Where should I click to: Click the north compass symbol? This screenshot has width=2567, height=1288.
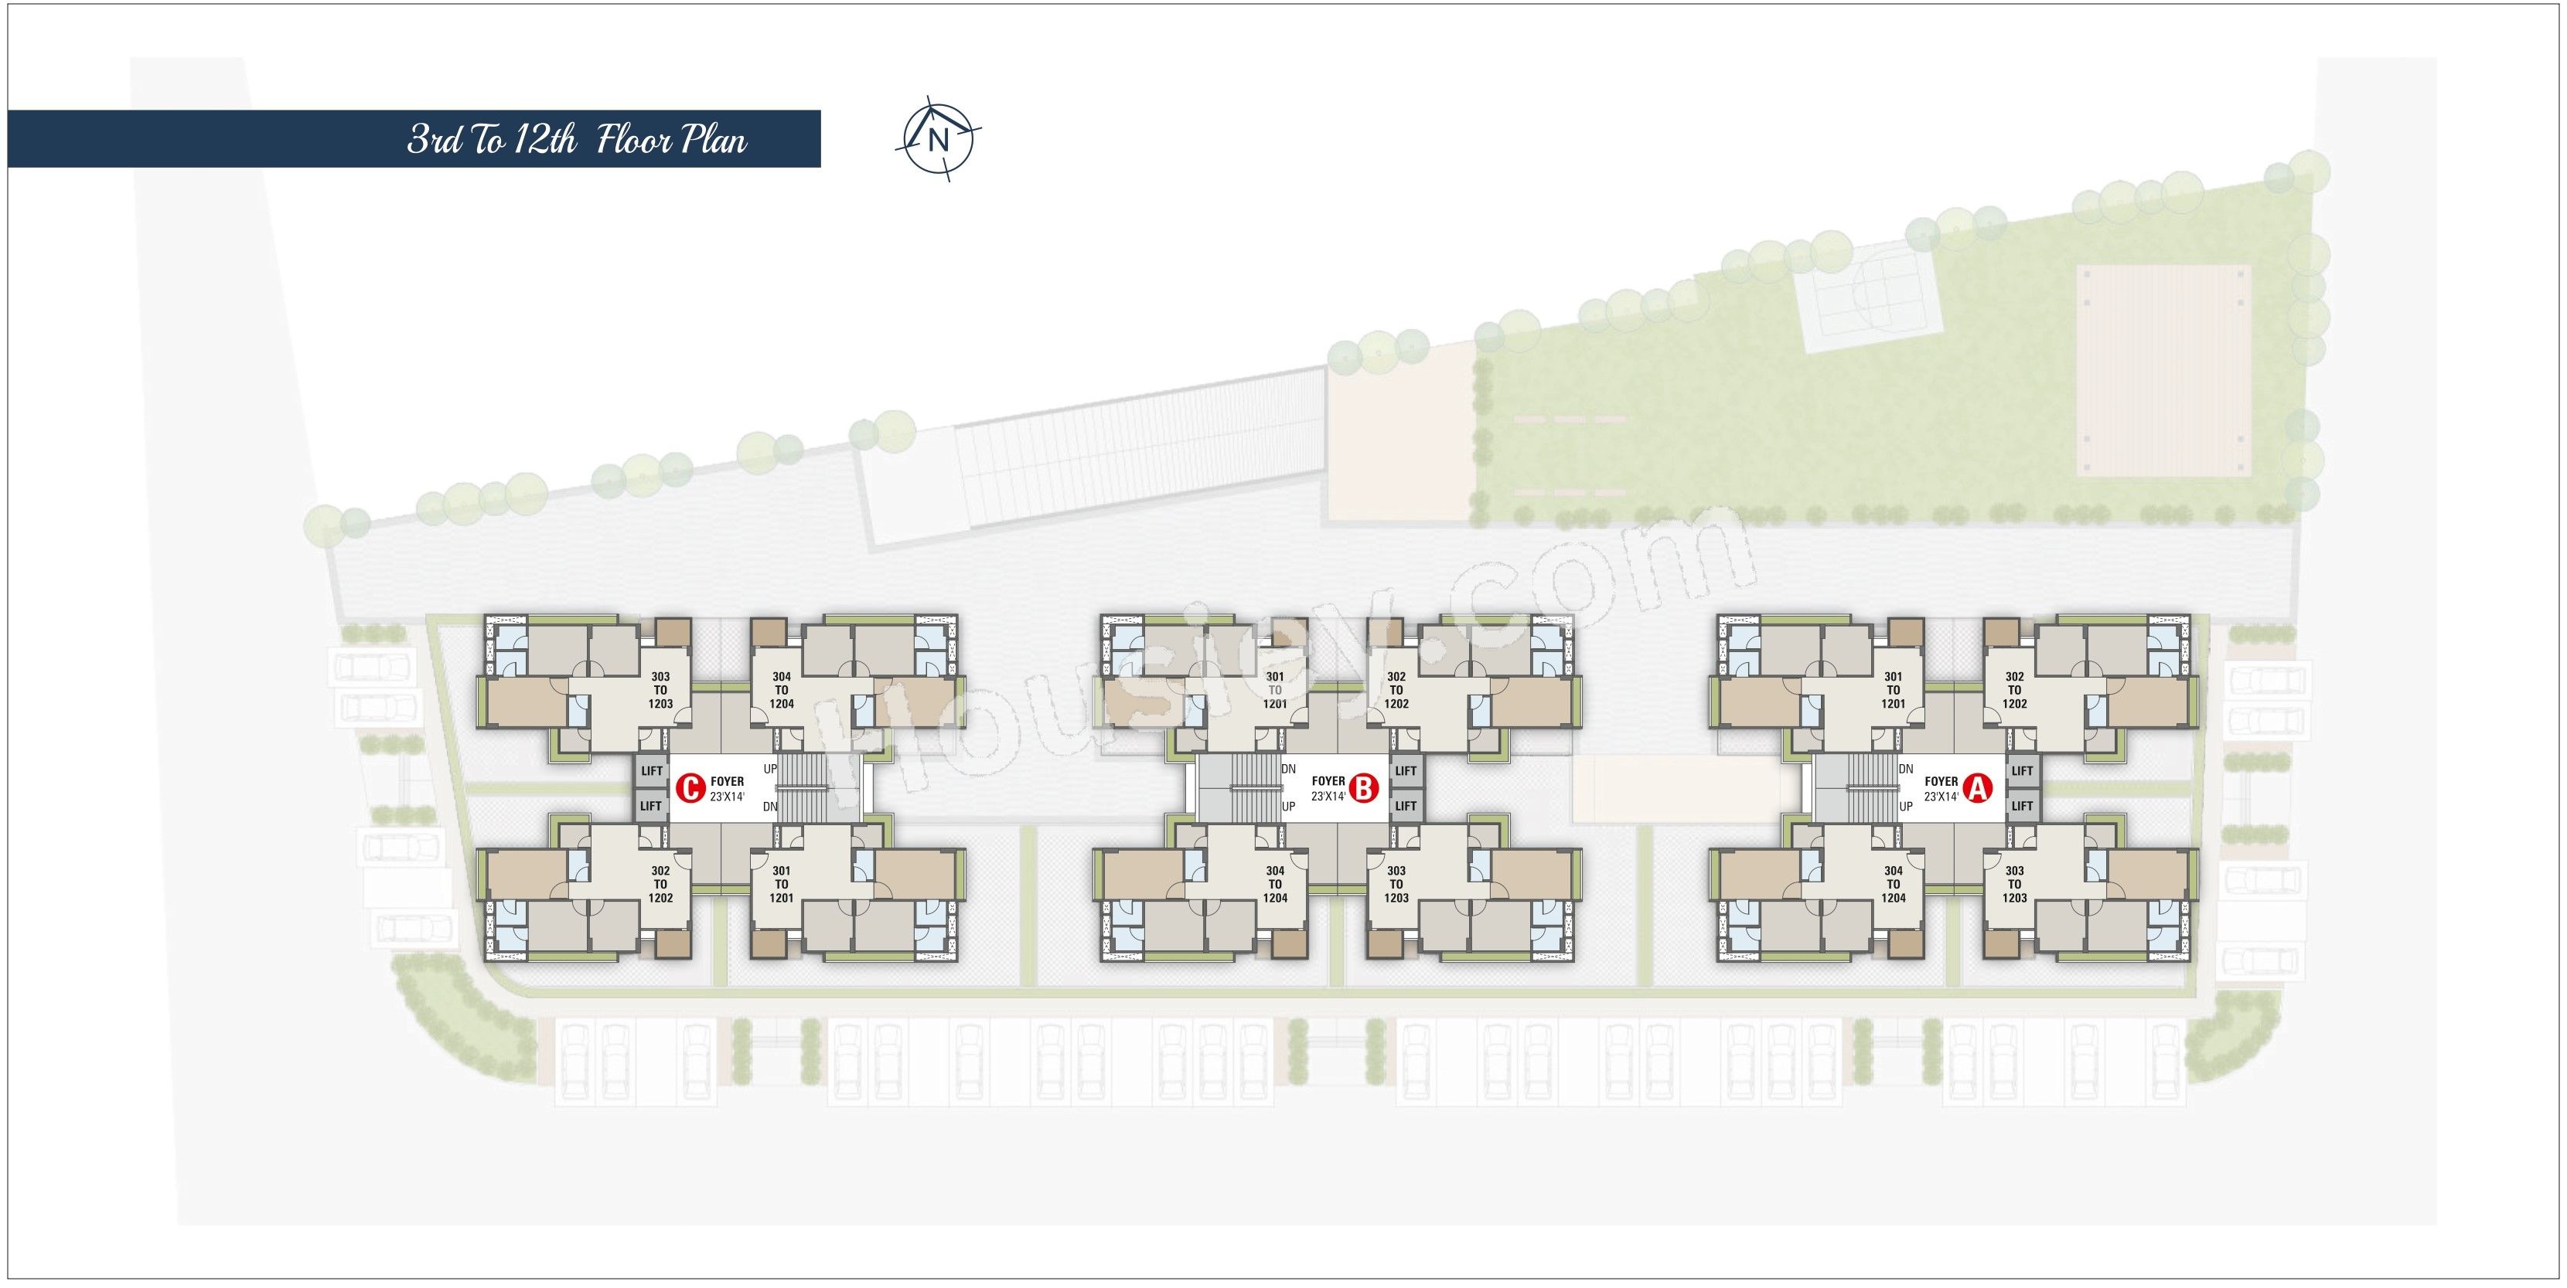[938, 139]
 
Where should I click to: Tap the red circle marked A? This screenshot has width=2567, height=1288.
[1976, 790]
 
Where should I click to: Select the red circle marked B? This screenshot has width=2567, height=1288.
[1362, 790]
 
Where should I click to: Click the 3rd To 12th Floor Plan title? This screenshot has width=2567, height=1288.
[577, 139]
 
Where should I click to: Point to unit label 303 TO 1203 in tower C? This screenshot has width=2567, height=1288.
[660, 690]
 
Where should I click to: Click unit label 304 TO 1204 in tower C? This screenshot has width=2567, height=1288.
[781, 690]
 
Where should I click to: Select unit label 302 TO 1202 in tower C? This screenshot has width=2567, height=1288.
[660, 885]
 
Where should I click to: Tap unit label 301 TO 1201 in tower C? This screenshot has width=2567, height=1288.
[781, 885]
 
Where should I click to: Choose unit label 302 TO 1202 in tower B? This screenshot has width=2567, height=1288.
[1396, 690]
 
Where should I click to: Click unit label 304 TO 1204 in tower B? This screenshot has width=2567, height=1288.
[1276, 885]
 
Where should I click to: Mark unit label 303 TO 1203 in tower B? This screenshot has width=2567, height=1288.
[1396, 885]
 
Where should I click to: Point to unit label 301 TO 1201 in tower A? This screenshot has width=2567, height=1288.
[1894, 690]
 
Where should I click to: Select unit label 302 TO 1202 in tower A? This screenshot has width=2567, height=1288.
[2015, 690]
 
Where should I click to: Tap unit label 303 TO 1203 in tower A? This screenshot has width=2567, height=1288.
[2015, 885]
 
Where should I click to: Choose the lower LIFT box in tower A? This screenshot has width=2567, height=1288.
[2022, 806]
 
